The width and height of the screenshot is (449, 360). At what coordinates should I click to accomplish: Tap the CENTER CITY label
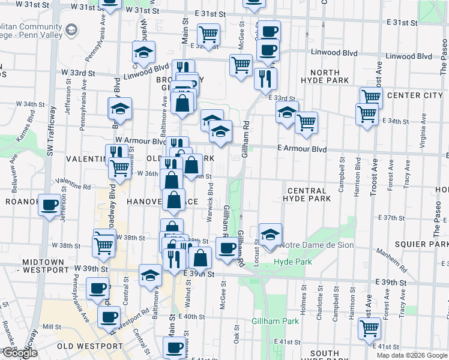[x=415, y=95]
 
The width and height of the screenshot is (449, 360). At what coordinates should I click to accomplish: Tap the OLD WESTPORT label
[x=89, y=346]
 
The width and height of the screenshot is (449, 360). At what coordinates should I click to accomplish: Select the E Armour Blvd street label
[x=302, y=149]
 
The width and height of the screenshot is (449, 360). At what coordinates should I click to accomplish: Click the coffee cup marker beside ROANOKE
[x=49, y=205]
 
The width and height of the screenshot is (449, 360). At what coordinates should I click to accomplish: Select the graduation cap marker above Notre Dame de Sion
[x=270, y=235]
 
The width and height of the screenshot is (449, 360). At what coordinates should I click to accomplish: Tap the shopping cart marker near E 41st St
[x=369, y=328]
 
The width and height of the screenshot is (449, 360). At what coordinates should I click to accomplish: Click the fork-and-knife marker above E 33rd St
[x=265, y=78]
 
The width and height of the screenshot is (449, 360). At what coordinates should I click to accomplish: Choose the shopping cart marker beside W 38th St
[x=104, y=245]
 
